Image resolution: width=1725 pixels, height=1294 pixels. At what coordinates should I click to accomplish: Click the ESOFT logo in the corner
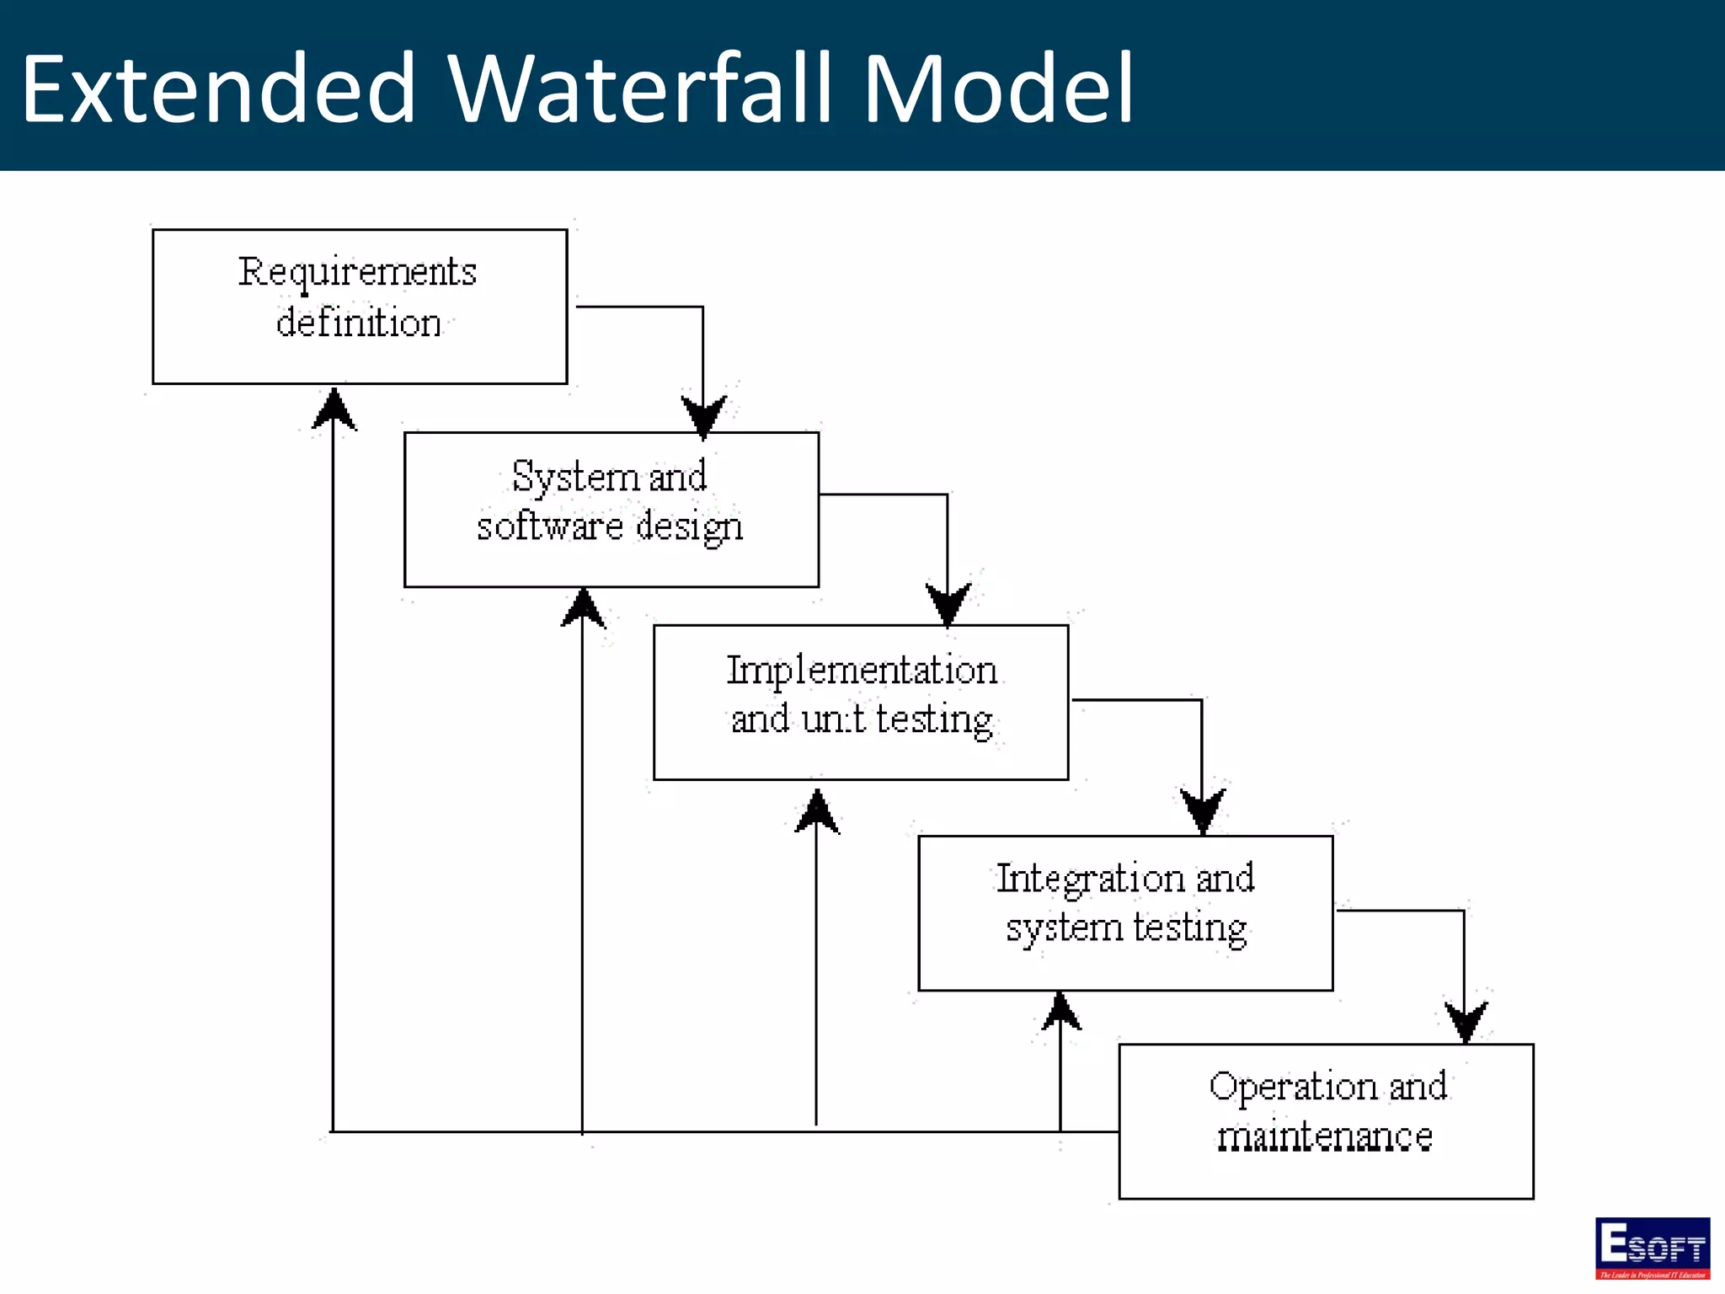(1652, 1248)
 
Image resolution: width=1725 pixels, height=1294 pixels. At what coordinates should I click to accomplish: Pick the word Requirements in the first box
(357, 273)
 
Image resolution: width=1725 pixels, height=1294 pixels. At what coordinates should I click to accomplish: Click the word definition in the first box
(359, 323)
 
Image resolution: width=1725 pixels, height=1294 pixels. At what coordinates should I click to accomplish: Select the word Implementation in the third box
(862, 671)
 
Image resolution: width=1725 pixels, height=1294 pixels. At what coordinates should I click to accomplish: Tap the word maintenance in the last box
(1325, 1137)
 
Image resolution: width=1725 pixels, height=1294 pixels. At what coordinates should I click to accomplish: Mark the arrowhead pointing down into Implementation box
(948, 603)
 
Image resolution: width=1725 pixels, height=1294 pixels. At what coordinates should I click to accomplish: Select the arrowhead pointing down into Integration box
(1203, 810)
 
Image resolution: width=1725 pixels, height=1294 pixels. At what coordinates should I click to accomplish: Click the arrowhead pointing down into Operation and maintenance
(1466, 1021)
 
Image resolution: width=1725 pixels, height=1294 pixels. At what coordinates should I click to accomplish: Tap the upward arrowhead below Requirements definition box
(334, 410)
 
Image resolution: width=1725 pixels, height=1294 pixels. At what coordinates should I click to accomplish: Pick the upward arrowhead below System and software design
(583, 609)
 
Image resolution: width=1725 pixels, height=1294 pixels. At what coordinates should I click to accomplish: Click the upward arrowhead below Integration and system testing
(1061, 1013)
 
